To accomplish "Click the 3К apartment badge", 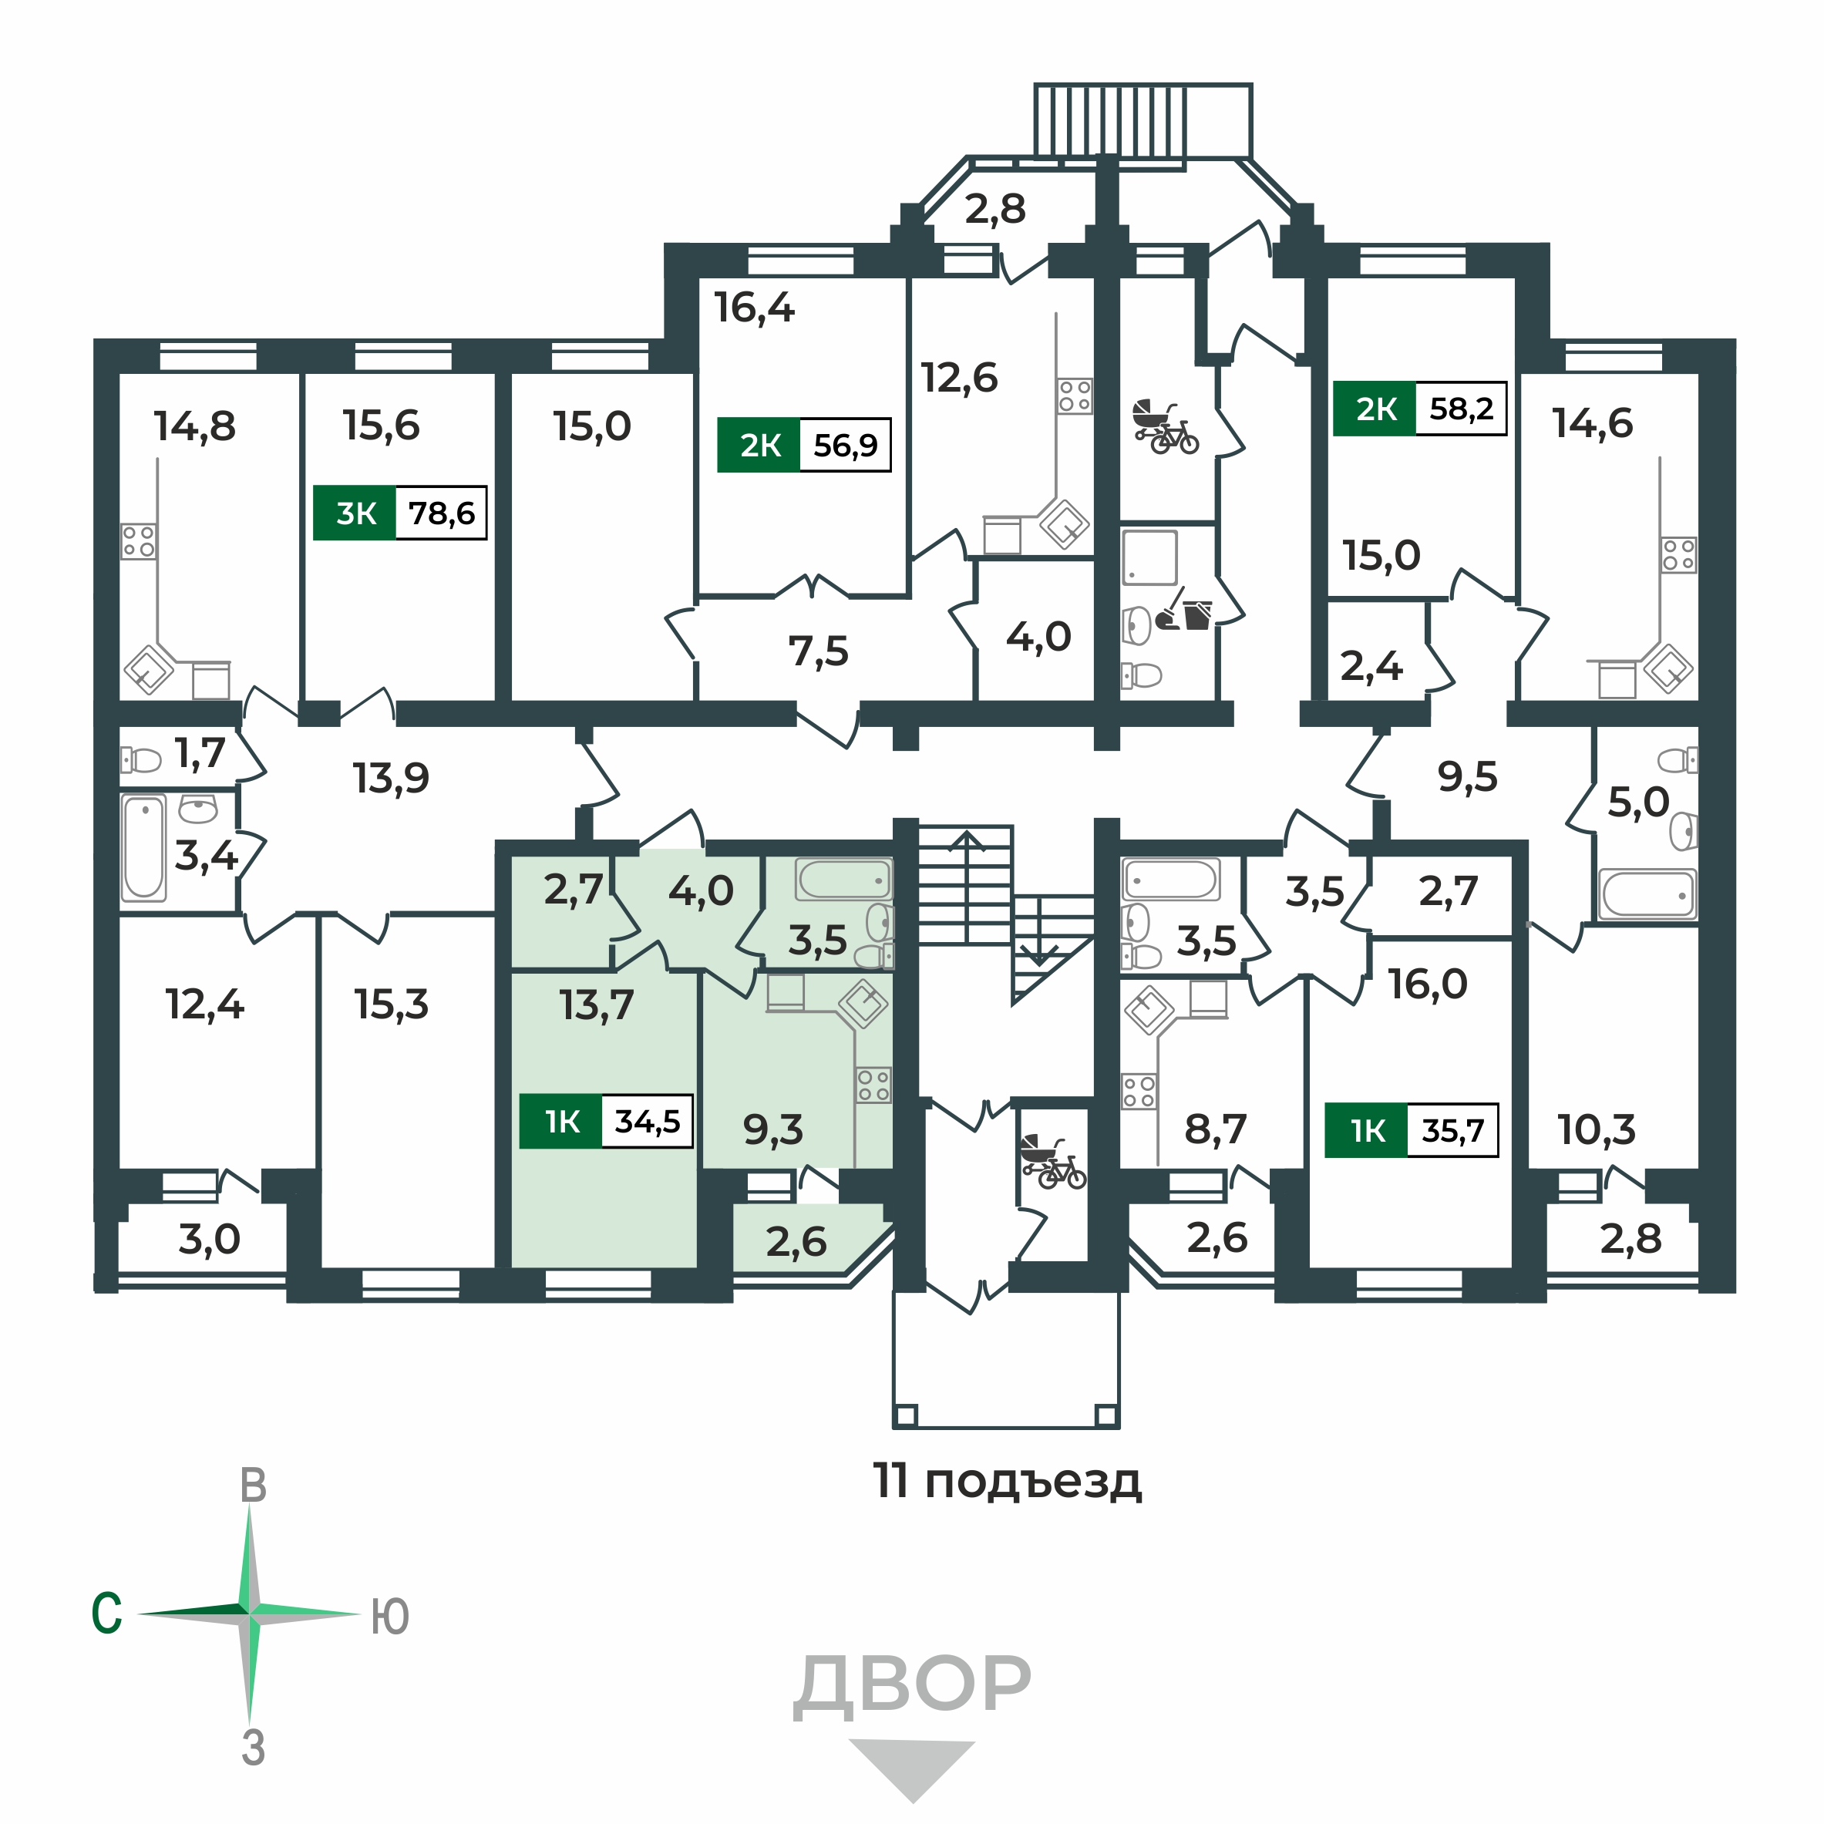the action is (x=355, y=513).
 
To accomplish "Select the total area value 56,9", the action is (x=845, y=445).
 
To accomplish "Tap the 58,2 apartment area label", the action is (x=1461, y=409).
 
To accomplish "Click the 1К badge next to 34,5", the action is (x=560, y=1122).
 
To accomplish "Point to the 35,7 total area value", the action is (x=1452, y=1130).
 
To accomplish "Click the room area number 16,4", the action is (x=753, y=308).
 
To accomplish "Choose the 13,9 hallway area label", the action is (x=390, y=779).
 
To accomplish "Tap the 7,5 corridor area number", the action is (x=818, y=651).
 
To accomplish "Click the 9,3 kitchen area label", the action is (x=772, y=1129).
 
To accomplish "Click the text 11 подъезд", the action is (x=1006, y=1480).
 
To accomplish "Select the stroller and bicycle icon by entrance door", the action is (x=1052, y=1163).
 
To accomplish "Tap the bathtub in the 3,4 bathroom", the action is (x=143, y=846).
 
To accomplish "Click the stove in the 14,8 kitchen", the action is (x=139, y=541).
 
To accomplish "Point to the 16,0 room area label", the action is (x=1428, y=984).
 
